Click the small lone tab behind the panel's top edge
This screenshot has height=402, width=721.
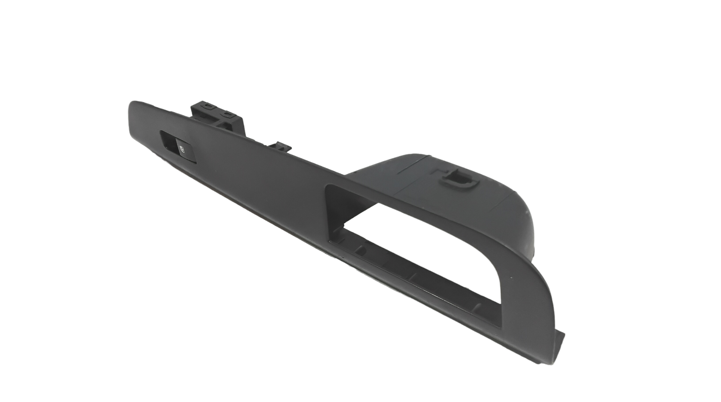pos(281,146)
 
